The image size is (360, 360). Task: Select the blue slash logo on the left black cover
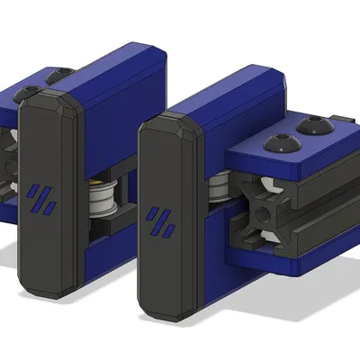(41, 200)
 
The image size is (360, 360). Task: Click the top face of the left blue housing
(117, 58)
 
